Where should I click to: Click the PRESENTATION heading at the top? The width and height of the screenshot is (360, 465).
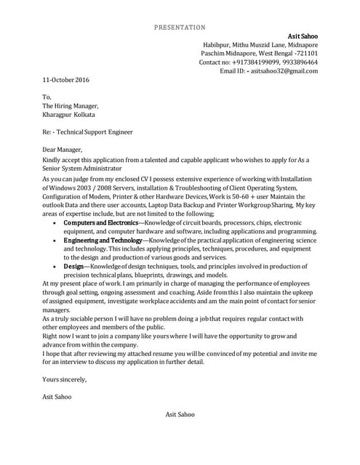[x=180, y=28]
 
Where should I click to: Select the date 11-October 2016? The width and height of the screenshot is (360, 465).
[x=66, y=80]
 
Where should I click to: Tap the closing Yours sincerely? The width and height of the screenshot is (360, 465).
[x=65, y=379]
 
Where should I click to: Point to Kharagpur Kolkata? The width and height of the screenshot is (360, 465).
[x=68, y=115]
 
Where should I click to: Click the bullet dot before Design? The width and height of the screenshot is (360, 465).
[x=56, y=267]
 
